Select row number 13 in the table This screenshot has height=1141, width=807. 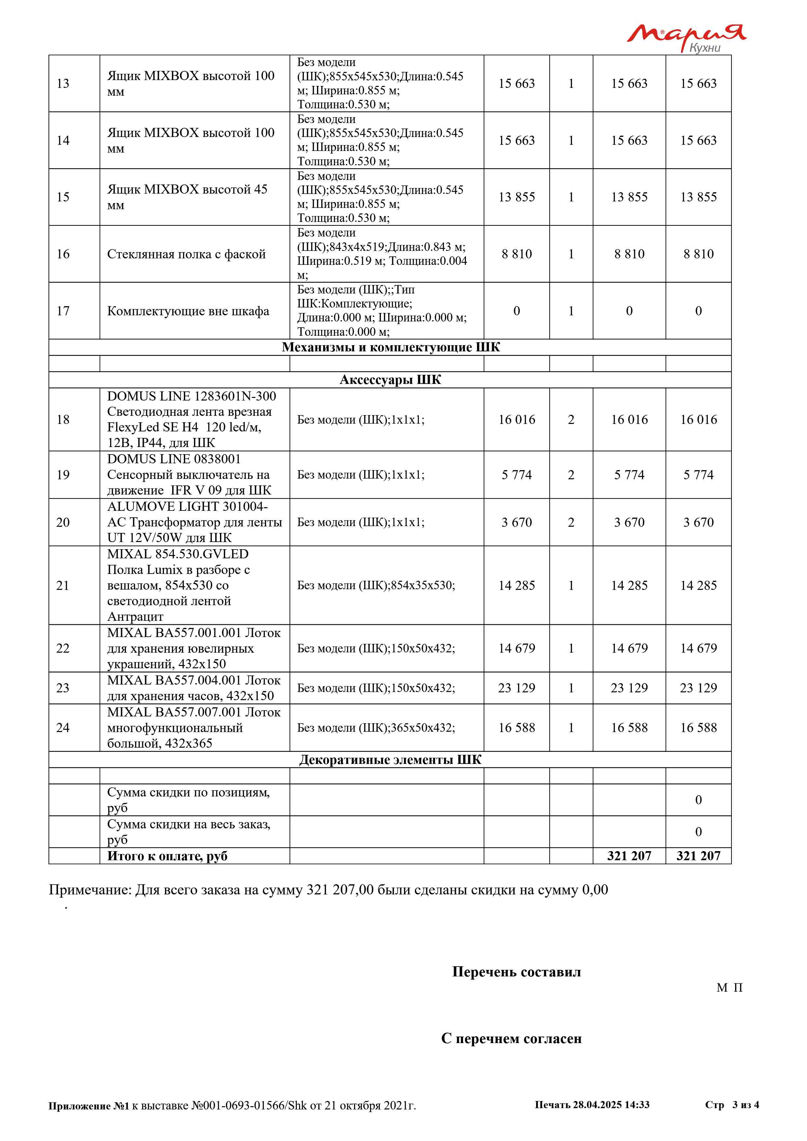pos(63,84)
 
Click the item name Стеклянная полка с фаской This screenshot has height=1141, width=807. pos(186,254)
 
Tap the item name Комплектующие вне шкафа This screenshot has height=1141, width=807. pos(188,311)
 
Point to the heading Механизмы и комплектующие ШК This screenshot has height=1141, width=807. pos(390,347)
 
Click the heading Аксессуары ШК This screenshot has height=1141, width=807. pos(390,380)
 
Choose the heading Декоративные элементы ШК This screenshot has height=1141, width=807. pos(390,760)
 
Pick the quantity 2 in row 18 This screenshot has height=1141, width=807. pos(571,420)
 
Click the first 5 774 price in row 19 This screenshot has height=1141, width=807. pos(516,475)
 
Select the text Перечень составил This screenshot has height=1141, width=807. pos(516,972)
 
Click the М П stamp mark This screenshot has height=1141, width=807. pos(730,988)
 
